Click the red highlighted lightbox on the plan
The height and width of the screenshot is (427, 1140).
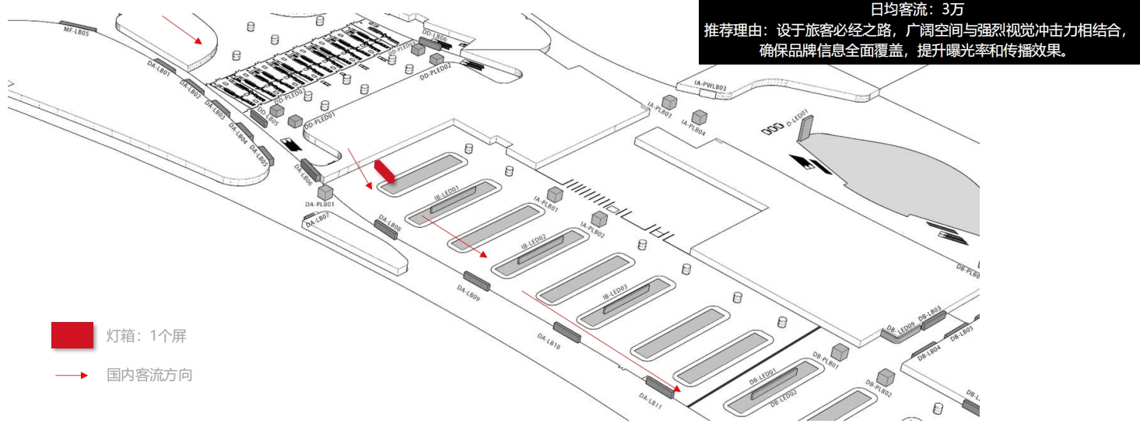point(385,172)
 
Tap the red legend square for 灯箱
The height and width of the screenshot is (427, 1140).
point(72,335)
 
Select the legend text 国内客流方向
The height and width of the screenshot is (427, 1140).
point(149,376)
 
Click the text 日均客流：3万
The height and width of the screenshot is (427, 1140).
point(919,9)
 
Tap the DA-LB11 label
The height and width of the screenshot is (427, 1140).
point(650,400)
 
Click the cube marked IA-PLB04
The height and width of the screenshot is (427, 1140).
point(700,117)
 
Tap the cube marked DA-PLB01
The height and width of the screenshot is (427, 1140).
point(325,192)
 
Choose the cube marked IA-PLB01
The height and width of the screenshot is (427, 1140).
point(555,194)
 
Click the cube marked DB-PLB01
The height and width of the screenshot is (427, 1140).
point(839,351)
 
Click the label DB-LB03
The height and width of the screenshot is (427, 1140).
point(930,312)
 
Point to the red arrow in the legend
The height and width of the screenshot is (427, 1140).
point(72,376)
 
